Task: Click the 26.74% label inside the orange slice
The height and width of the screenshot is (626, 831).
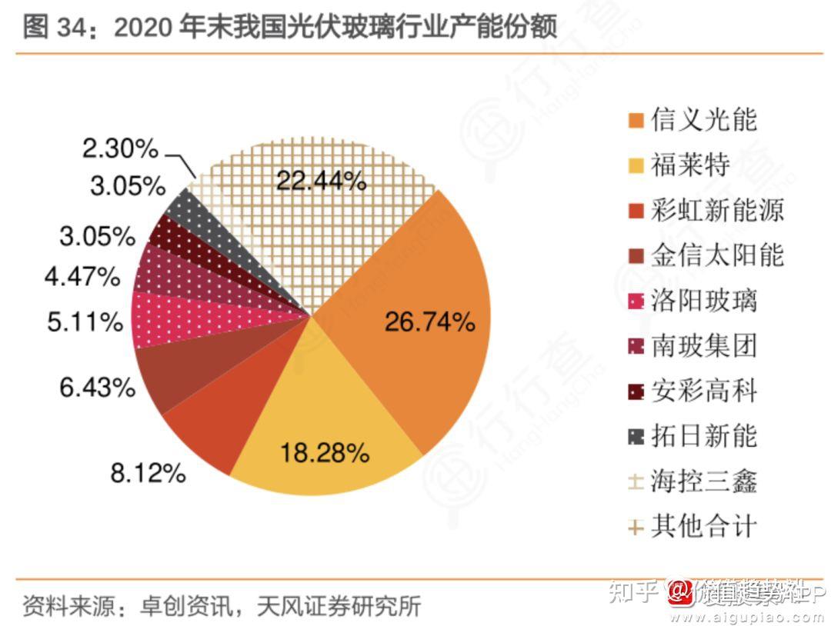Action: point(429,323)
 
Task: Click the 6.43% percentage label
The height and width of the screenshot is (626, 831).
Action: point(98,387)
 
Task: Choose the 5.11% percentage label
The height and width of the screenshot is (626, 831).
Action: point(85,322)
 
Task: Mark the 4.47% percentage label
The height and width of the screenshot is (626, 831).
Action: point(82,275)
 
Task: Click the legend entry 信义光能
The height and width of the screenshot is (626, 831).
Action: point(703,119)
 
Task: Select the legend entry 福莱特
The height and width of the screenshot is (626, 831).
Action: point(689,165)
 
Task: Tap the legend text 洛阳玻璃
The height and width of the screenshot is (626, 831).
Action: point(703,300)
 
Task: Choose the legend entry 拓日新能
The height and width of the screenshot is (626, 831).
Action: point(703,435)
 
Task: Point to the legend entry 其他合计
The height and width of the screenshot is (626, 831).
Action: point(703,527)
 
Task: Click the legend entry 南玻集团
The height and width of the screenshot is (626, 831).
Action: point(703,345)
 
